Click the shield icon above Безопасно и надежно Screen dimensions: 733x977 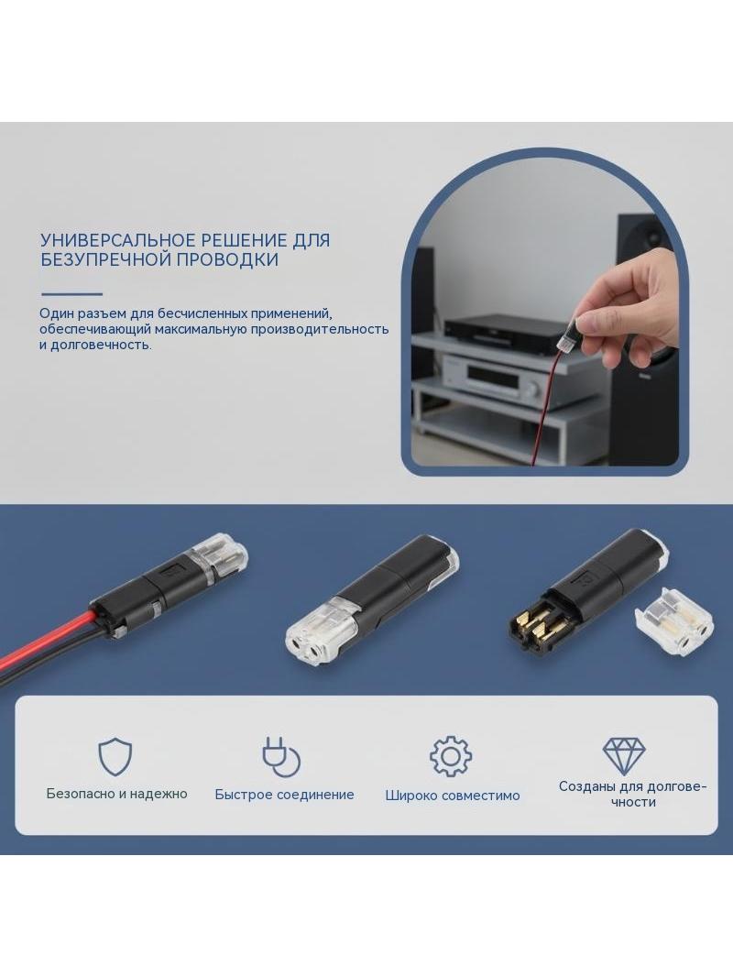115,757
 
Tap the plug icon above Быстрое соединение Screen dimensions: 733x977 281,756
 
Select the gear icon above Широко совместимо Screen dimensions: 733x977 451,756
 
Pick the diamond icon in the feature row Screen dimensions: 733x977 624,756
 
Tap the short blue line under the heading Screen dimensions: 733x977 71,294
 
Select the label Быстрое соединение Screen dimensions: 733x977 285,795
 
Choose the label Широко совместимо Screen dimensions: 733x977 453,795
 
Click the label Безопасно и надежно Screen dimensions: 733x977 117,794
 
